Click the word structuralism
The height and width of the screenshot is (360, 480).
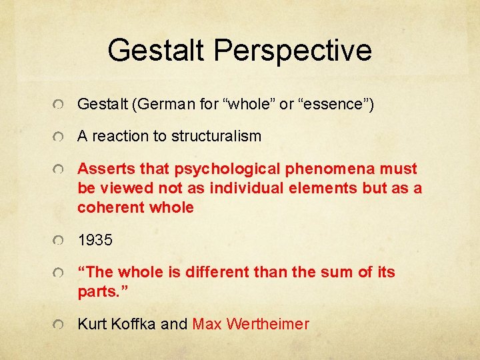pyautogui.click(x=216, y=136)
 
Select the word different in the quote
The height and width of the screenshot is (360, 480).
pyautogui.click(x=219, y=272)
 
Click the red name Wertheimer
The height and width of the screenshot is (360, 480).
pyautogui.click(x=268, y=324)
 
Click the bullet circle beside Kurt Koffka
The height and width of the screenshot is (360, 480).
pyautogui.click(x=60, y=325)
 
